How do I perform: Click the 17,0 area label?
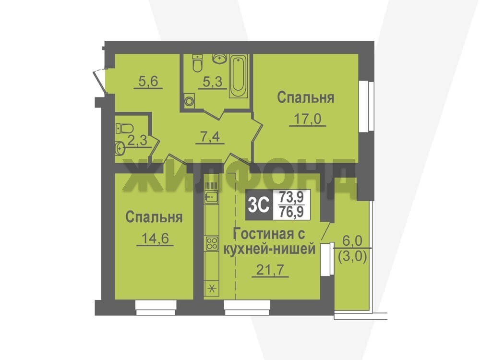pyautogui.click(x=307, y=119)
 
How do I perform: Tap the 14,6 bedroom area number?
pyautogui.click(x=155, y=238)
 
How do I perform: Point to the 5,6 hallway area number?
pyautogui.click(x=148, y=81)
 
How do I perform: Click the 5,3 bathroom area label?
pyautogui.click(x=213, y=82)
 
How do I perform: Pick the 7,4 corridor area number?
pyautogui.click(x=210, y=137)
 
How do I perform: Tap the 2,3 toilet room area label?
pyautogui.click(x=137, y=141)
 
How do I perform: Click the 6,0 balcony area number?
pyautogui.click(x=352, y=240)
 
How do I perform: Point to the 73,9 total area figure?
pyautogui.click(x=291, y=197)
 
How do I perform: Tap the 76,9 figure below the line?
pyautogui.click(x=291, y=212)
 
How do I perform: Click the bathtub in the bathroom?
pyautogui.click(x=239, y=76)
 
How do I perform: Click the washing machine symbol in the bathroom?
pyautogui.click(x=190, y=101)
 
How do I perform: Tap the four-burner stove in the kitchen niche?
pyautogui.click(x=212, y=243)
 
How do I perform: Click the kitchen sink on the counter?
pyautogui.click(x=212, y=196)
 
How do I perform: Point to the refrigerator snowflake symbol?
pyautogui.click(x=212, y=288)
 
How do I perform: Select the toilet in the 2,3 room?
pyautogui.click(x=124, y=128)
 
